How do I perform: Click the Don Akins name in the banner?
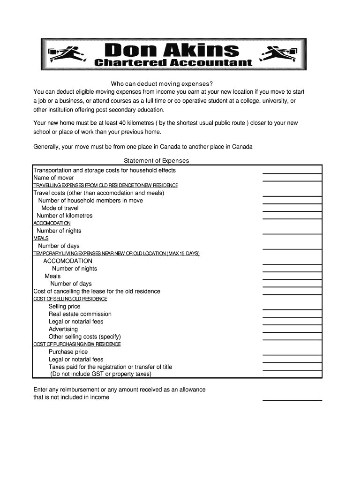click(172, 50)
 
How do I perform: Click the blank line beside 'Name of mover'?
click(292, 180)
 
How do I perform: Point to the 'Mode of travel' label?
click(60, 208)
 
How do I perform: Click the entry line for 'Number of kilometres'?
click(292, 218)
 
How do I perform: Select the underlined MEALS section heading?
click(41, 239)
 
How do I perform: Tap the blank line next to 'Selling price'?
click(292, 309)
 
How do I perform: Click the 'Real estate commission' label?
click(80, 314)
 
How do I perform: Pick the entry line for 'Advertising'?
click(292, 331)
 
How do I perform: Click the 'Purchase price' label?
click(68, 352)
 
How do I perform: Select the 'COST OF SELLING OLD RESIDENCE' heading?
click(70, 299)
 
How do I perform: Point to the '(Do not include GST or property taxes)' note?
click(101, 374)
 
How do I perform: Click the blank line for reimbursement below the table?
click(292, 400)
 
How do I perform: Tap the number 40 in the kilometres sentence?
click(123, 123)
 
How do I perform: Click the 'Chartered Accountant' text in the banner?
click(173, 63)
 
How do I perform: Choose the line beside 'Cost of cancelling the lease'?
click(292, 294)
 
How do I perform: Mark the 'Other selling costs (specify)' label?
click(85, 337)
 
